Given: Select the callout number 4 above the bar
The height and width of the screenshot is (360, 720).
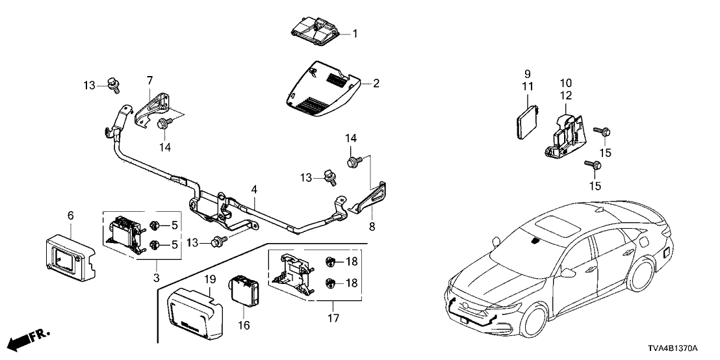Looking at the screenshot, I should coord(255,189).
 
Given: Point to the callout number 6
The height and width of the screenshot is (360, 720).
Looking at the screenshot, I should coord(70,215).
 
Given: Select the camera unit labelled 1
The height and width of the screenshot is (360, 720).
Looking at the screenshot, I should coord(315,30).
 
